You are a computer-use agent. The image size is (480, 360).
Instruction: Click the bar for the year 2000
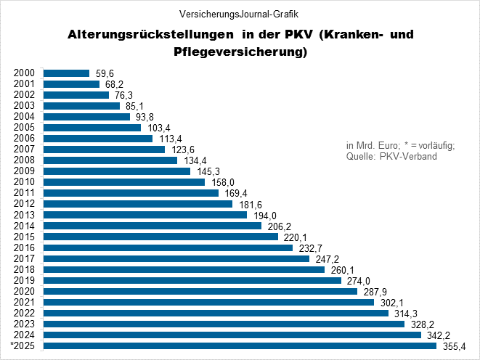point(66,73)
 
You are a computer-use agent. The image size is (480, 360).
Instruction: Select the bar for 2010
point(124,182)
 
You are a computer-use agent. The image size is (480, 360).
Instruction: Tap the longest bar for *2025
point(240,346)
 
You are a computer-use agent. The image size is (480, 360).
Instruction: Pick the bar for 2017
point(176,258)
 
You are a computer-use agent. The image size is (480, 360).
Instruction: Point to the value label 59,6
point(104,73)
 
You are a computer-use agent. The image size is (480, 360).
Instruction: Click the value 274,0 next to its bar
point(357,280)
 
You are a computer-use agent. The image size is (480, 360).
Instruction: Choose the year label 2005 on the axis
point(25,128)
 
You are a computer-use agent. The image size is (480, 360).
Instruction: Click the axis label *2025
point(23,346)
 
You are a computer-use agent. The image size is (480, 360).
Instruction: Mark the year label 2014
point(25,226)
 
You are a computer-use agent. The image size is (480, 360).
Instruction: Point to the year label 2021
point(25,302)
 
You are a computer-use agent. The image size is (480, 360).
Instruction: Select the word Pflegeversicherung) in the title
point(239,52)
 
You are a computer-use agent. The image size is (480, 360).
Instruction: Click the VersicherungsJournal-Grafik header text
point(239,13)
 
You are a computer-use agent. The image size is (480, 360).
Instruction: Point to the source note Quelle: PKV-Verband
point(391,157)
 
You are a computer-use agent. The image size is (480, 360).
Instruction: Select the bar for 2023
point(224,324)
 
